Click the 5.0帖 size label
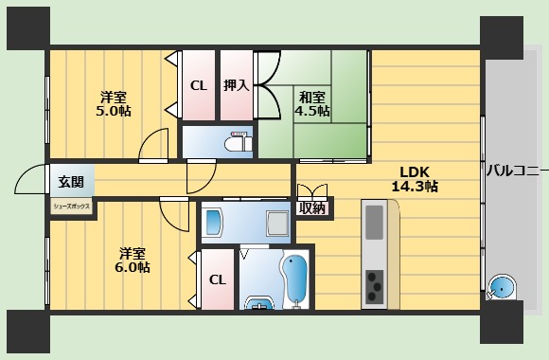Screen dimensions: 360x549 click(x=115, y=112)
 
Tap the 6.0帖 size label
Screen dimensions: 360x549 click(x=133, y=268)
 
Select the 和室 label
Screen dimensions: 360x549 click(x=312, y=96)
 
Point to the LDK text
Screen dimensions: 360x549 click(x=414, y=171)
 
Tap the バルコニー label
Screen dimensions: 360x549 click(x=517, y=171)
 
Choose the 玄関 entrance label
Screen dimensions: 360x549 click(x=70, y=182)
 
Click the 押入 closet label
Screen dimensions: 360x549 click(x=236, y=85)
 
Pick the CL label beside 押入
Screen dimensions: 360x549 click(x=198, y=85)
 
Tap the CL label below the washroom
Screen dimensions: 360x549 click(x=217, y=279)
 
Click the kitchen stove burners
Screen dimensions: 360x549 click(x=375, y=282)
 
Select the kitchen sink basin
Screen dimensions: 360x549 click(x=375, y=224)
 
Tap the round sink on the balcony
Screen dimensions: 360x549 click(x=501, y=289)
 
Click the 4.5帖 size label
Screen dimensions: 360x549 click(x=312, y=111)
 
